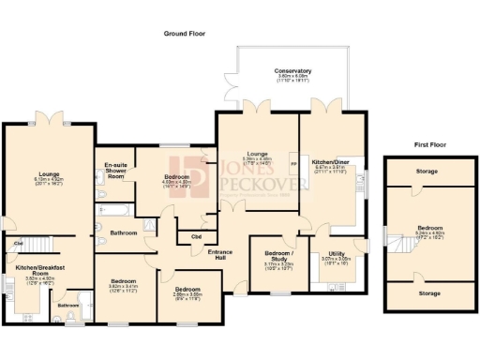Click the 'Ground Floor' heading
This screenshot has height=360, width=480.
[x=184, y=33]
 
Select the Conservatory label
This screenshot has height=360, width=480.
[x=292, y=71]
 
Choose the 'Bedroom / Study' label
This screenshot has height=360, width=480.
[x=278, y=254]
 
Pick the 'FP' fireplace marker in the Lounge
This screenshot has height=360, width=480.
[x=293, y=166]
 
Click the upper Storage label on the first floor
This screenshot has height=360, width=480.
[x=430, y=172]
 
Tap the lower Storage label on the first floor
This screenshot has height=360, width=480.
[x=430, y=293]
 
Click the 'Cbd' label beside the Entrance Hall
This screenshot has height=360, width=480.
[x=196, y=236]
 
